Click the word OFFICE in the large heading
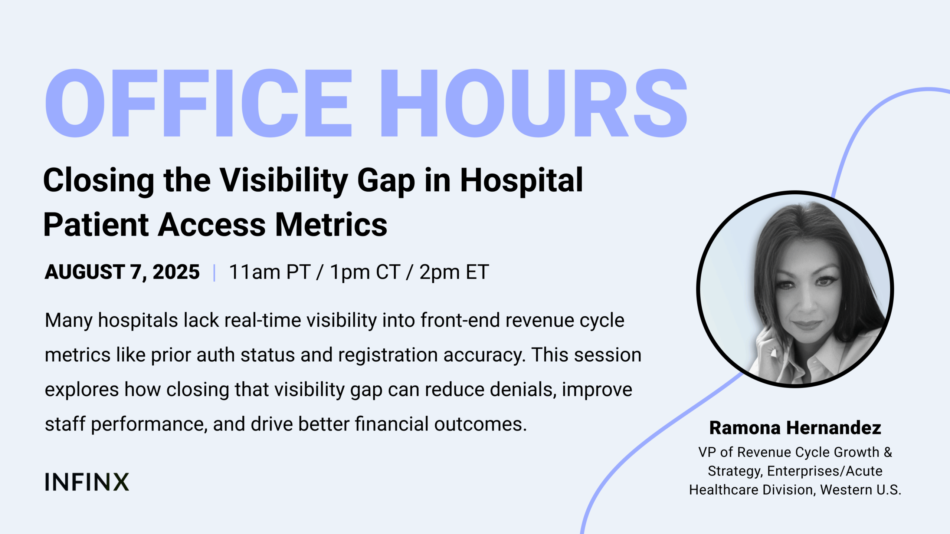pyautogui.click(x=198, y=103)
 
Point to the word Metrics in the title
pyautogui.click(x=331, y=225)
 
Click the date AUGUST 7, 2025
pyautogui.click(x=122, y=272)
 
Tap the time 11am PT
pyautogui.click(x=270, y=272)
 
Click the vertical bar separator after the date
pyautogui.click(x=214, y=273)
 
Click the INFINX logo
pyautogui.click(x=87, y=482)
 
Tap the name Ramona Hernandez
pyautogui.click(x=795, y=428)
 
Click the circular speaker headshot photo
pyautogui.click(x=795, y=289)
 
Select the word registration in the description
pyautogui.click(x=388, y=356)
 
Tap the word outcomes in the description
pyautogui.click(x=481, y=425)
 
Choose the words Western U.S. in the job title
pyautogui.click(x=861, y=490)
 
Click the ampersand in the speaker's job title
pyautogui.click(x=888, y=452)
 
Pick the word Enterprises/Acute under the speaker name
pyautogui.click(x=825, y=471)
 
